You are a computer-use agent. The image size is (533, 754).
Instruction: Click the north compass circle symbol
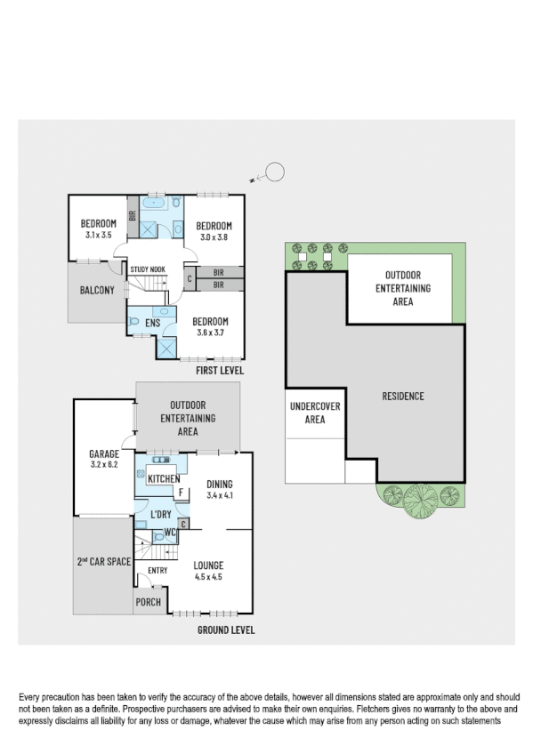pos(276,172)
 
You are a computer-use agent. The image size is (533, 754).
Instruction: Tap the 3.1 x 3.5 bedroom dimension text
pos(99,236)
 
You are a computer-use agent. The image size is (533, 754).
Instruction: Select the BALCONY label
pos(97,291)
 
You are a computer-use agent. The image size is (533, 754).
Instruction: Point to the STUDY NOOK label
pos(147,269)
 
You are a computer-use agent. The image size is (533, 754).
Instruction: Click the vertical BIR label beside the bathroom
pos(132,216)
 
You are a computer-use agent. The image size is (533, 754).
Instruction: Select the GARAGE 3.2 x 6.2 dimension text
pos(103,464)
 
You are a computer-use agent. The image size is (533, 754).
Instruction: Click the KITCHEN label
pos(163,480)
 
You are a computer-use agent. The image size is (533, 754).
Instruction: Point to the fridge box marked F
pos(181,493)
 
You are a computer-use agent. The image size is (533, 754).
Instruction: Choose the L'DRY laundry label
pos(160,515)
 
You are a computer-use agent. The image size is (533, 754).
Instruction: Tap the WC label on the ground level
pos(169,533)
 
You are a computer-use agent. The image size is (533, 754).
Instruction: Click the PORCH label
pos(148,602)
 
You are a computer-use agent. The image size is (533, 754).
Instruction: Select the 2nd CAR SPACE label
pos(103,562)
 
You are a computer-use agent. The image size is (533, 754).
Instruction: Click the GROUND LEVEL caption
pos(224,630)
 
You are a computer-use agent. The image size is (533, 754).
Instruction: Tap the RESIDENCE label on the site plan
pos(402,397)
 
